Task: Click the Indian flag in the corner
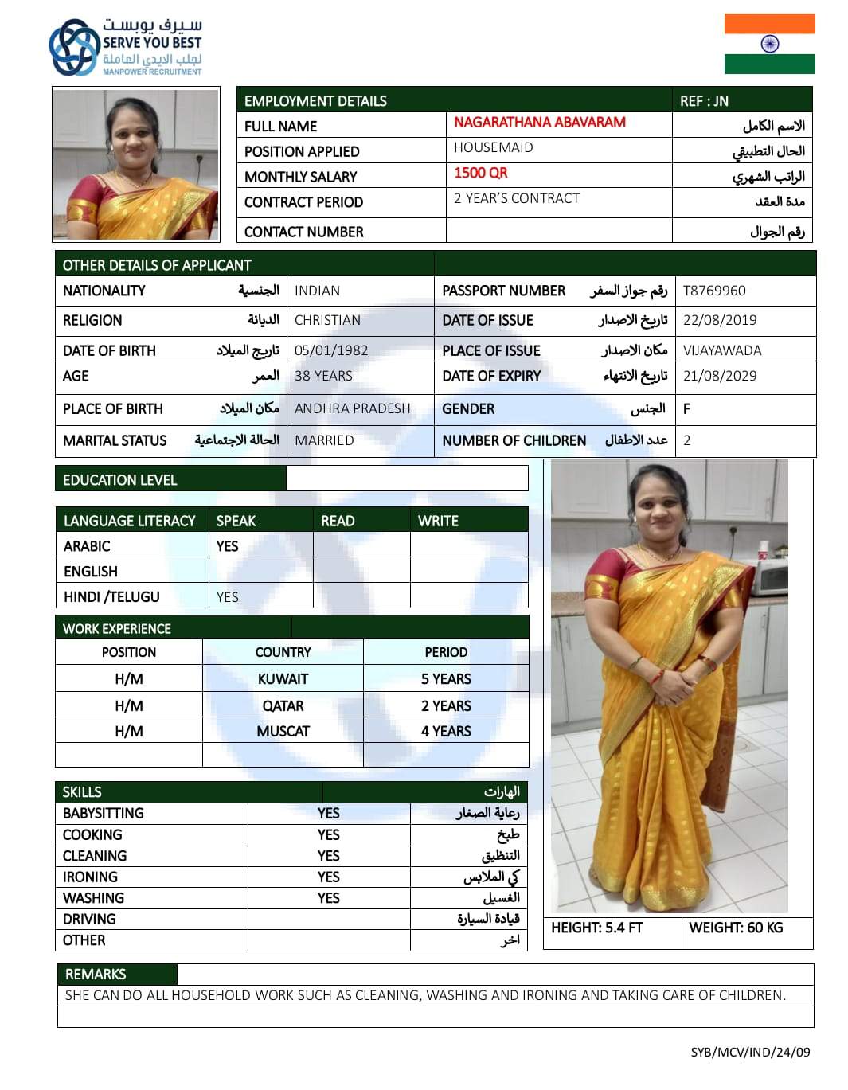point(769,44)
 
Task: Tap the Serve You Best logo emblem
point(73,48)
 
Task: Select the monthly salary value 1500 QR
point(480,174)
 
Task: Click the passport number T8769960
point(714,291)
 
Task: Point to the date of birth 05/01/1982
point(331,350)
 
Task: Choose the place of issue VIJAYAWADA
point(722,350)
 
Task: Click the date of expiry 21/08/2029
point(720,376)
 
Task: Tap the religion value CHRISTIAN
point(327,320)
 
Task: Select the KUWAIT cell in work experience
point(283,679)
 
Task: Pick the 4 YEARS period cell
point(446,731)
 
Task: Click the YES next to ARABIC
point(227,546)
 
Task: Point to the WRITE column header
point(438,521)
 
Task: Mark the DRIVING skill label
point(89,919)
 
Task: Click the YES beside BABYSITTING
point(328,813)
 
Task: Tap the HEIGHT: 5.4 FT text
point(596,928)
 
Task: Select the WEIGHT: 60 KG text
point(736,928)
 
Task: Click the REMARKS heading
point(96,975)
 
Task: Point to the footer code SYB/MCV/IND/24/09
point(750,1052)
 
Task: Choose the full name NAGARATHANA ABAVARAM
point(540,123)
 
